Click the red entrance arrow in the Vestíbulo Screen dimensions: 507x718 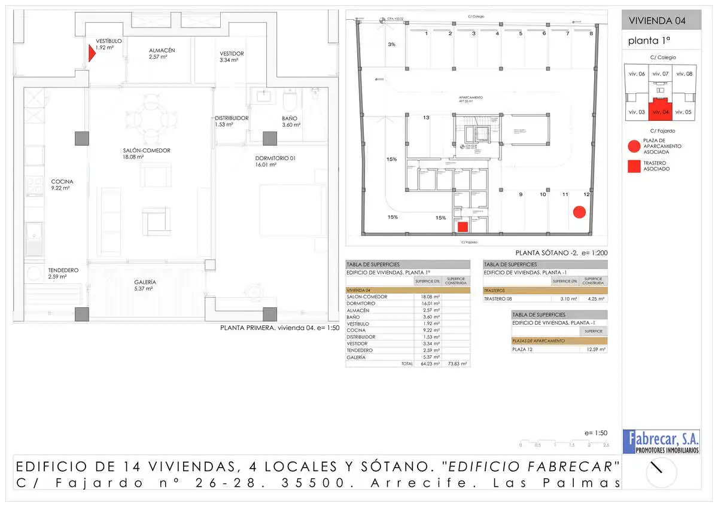tap(92, 54)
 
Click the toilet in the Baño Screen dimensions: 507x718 tap(290, 98)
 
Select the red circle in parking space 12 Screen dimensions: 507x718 tap(579, 212)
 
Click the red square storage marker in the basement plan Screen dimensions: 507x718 tap(463, 227)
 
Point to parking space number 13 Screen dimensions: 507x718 tap(426, 118)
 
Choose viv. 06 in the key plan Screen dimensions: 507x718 tap(637, 74)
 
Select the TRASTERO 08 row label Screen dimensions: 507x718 tap(498, 298)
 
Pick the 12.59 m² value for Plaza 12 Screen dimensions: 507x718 tap(594, 349)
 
